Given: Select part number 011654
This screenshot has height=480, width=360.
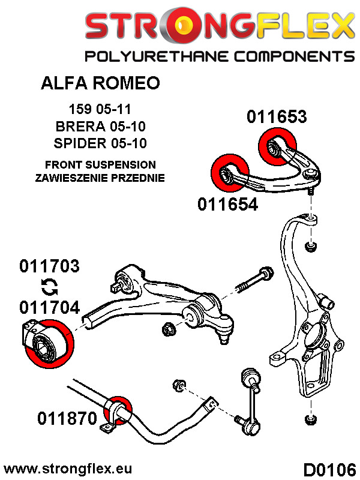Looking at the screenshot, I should (x=227, y=205).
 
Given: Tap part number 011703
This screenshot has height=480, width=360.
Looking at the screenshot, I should (x=49, y=266).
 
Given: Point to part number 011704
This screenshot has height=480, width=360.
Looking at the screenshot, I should (x=49, y=307).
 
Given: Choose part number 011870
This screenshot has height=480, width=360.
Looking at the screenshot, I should (x=67, y=417).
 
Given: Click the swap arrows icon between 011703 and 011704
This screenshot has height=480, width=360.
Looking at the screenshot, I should (x=49, y=287).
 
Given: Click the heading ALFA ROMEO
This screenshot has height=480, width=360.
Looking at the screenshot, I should (x=100, y=83).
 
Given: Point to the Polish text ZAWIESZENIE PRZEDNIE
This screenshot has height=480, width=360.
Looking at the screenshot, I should (x=100, y=178).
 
